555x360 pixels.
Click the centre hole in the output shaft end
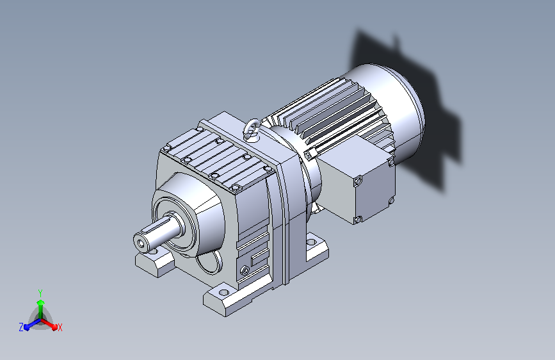[142, 243]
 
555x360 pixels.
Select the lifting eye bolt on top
[252, 128]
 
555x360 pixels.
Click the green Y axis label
[40, 293]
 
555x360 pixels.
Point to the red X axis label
[60, 327]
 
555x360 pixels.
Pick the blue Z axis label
[21, 327]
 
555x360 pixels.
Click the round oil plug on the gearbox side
[245, 271]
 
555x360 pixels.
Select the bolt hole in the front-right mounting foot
[223, 292]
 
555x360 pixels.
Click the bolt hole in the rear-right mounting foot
[312, 242]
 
